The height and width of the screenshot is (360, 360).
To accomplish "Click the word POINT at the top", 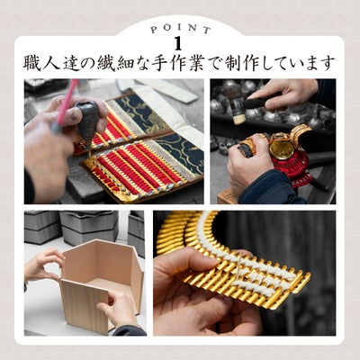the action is click(181, 29).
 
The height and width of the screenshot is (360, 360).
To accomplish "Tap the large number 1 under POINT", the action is click(178, 44).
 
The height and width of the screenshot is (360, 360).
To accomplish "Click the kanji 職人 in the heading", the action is click(42, 63).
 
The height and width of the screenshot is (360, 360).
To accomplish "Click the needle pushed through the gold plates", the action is click(238, 267).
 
